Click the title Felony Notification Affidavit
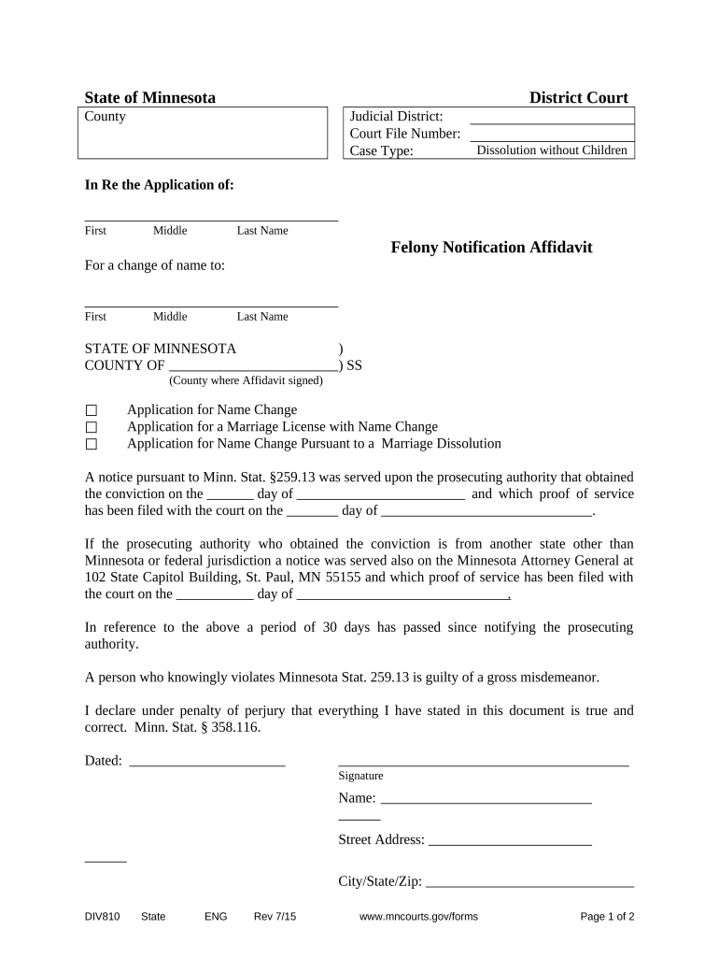[x=491, y=248]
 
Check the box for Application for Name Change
[x=92, y=411]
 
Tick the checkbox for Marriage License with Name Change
[x=92, y=428]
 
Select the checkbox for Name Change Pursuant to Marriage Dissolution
[x=92, y=445]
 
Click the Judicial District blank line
[x=552, y=118]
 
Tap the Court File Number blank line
[x=552, y=135]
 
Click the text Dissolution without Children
[x=552, y=150]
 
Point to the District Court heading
[x=578, y=98]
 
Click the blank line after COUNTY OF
[x=253, y=366]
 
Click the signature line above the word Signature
[x=483, y=763]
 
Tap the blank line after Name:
[x=486, y=799]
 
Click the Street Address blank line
[x=510, y=841]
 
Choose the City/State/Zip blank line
[x=529, y=882]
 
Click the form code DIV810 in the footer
[x=102, y=917]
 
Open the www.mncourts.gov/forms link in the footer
[x=418, y=917]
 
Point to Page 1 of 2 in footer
[x=607, y=917]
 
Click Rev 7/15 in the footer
[x=275, y=917]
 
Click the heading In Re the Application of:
[x=159, y=185]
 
